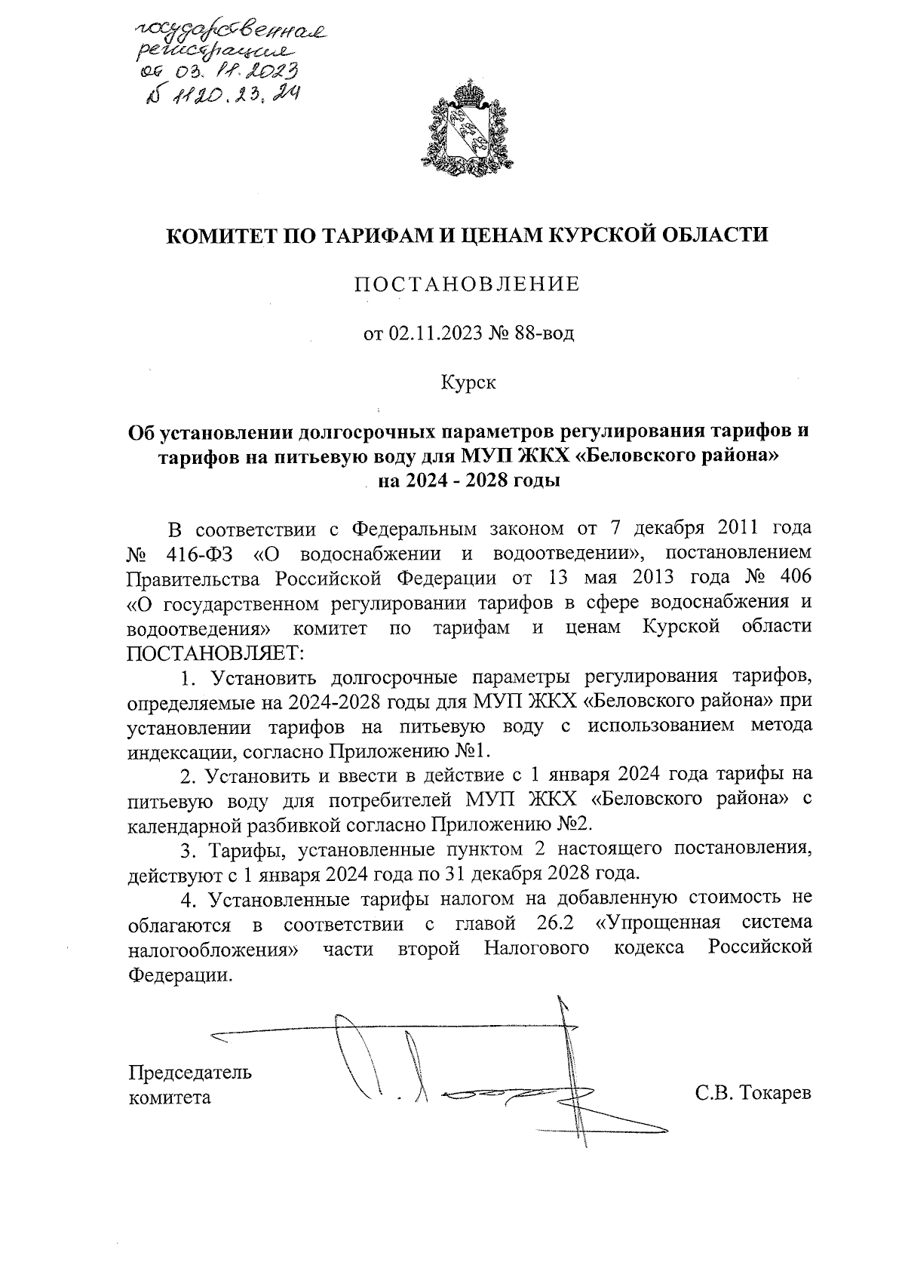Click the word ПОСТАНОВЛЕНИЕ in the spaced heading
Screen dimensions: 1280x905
coord(468,284)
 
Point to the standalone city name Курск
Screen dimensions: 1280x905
coord(468,383)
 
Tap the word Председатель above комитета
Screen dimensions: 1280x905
coord(191,1073)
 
